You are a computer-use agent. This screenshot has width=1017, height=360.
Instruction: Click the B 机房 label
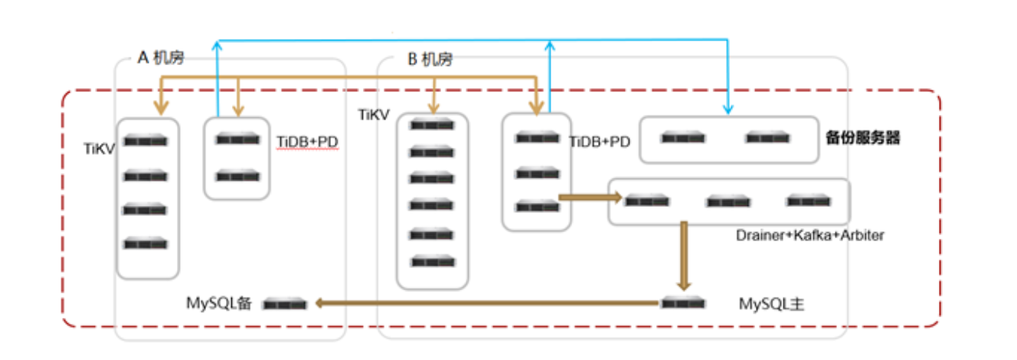[429, 60]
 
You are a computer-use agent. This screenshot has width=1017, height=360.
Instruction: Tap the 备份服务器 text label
[863, 138]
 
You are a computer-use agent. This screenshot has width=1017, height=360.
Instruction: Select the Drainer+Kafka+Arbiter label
[809, 235]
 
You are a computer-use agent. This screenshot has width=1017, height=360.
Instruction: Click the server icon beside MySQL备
[285, 304]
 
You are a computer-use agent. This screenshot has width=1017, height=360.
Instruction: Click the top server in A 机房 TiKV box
[146, 141]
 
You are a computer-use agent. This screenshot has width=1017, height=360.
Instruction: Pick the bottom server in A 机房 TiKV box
[146, 243]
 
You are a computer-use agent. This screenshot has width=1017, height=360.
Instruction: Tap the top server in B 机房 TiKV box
[431, 124]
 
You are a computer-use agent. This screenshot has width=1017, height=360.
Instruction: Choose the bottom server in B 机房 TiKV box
[431, 261]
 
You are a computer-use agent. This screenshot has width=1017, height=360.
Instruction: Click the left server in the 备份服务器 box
[683, 138]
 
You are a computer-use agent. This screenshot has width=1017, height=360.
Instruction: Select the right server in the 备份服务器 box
[767, 138]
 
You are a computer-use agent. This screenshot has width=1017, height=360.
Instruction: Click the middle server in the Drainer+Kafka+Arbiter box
[728, 201]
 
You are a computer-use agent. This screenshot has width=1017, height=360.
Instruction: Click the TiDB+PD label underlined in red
[307, 142]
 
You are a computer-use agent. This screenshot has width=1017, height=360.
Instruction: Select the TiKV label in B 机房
[374, 115]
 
